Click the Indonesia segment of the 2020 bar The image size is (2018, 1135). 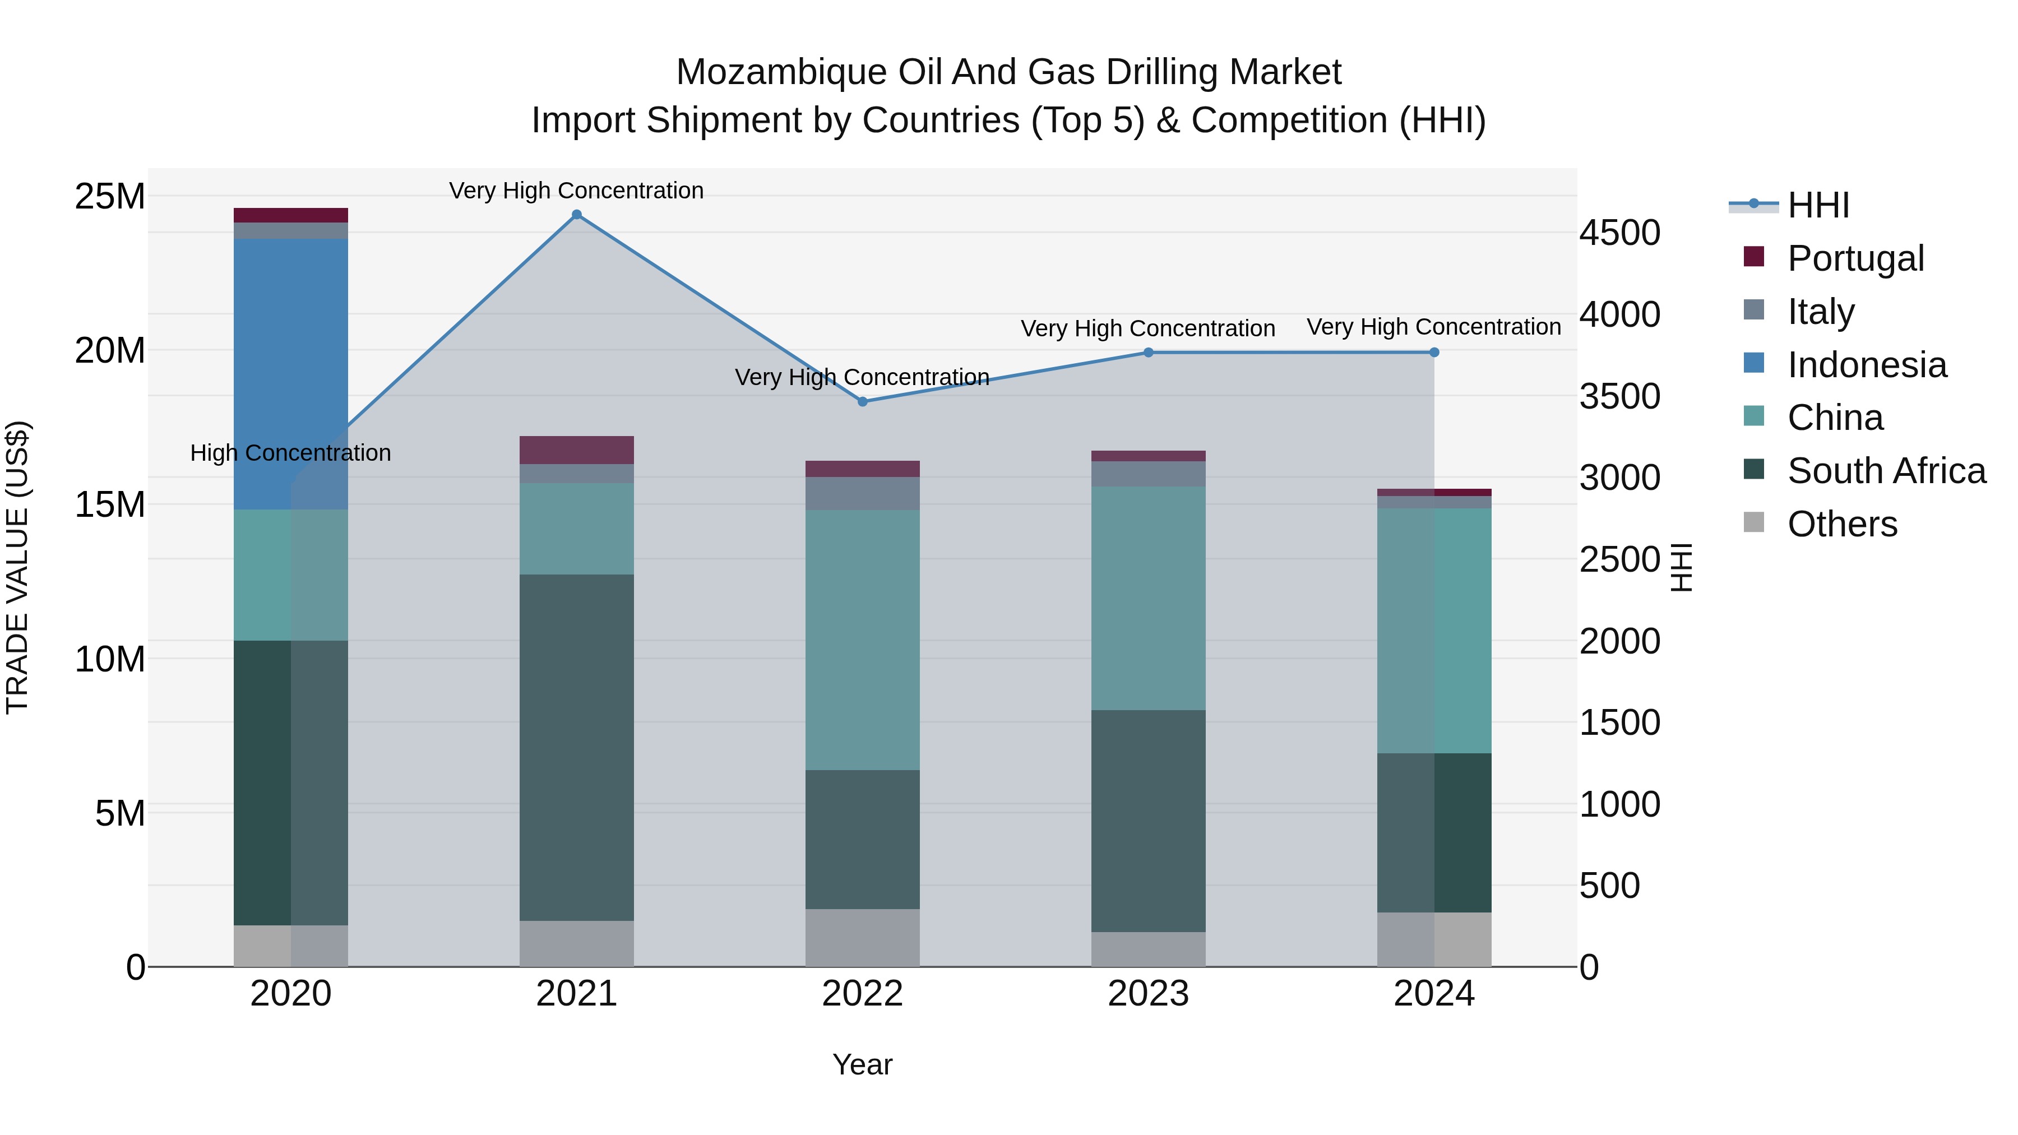pyautogui.click(x=290, y=374)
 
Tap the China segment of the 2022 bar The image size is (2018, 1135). pyautogui.click(x=863, y=640)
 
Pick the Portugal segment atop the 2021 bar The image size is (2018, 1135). pyautogui.click(x=577, y=450)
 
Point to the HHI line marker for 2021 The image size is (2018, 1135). pyautogui.click(x=577, y=215)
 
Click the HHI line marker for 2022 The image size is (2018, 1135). pyautogui.click(x=863, y=402)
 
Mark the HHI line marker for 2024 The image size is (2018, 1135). pyautogui.click(x=1434, y=353)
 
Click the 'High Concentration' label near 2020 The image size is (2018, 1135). pyautogui.click(x=290, y=453)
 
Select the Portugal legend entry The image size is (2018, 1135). pyautogui.click(x=1855, y=258)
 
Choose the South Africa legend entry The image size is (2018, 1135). pyautogui.click(x=1886, y=471)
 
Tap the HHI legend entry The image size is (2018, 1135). pyautogui.click(x=1817, y=205)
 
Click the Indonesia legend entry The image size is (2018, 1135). pyautogui.click(x=1866, y=365)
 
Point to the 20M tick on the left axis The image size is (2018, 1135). pyautogui.click(x=110, y=350)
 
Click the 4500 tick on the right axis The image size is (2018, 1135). pyautogui.click(x=1619, y=233)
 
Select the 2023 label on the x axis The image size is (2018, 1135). pyautogui.click(x=1149, y=994)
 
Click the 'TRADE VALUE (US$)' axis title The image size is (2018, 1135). pyautogui.click(x=17, y=567)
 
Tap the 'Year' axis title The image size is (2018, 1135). pyautogui.click(x=863, y=1064)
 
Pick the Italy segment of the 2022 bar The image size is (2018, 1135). pyautogui.click(x=863, y=493)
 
